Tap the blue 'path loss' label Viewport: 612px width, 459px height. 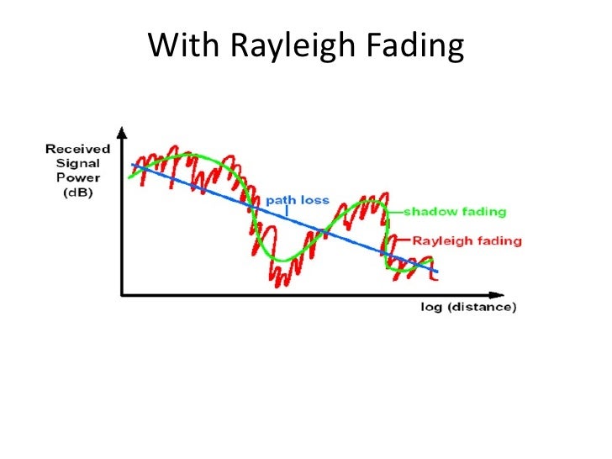(298, 201)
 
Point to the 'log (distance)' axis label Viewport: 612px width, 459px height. (468, 307)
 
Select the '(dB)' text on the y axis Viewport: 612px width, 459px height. (76, 193)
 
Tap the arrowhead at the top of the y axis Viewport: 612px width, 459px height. (123, 133)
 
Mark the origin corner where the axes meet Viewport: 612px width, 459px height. (123, 295)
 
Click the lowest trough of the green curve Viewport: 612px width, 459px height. (286, 259)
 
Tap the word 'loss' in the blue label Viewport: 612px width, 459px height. (316, 201)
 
